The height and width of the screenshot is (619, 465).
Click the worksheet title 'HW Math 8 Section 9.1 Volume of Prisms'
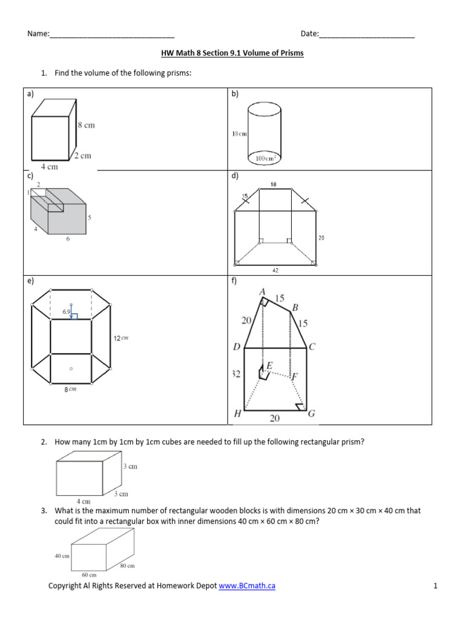[x=232, y=53]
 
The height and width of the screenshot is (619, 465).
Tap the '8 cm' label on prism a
[x=86, y=125]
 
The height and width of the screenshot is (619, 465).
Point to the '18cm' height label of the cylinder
[x=239, y=134]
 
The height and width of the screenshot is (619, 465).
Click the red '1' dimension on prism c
[x=28, y=192]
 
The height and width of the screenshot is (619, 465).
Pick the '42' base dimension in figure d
[x=275, y=271]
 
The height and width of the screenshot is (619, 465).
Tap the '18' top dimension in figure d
[x=273, y=184]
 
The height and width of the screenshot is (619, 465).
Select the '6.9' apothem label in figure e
[x=67, y=312]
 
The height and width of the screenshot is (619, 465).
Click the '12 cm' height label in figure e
[x=120, y=338]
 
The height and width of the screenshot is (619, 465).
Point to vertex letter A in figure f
[x=262, y=292]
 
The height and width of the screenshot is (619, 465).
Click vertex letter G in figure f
[x=311, y=414]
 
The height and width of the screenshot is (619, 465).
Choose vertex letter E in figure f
[x=269, y=366]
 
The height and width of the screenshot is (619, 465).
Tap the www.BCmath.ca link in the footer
[x=247, y=586]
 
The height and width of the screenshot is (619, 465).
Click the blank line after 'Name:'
[x=112, y=34]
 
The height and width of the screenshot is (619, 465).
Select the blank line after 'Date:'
[x=366, y=34]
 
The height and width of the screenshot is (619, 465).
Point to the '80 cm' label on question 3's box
[x=127, y=566]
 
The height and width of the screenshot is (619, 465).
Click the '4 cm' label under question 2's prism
[x=83, y=501]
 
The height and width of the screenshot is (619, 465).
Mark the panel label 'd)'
[x=234, y=176]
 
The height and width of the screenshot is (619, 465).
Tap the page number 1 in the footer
[x=435, y=586]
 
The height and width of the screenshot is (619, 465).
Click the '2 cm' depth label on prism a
[x=82, y=156]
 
